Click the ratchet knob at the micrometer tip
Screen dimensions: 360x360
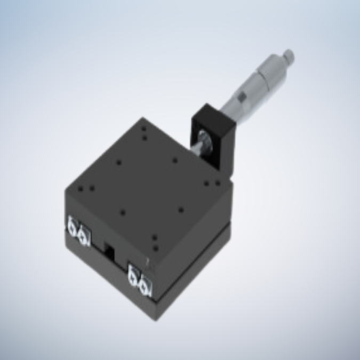[x=288, y=54]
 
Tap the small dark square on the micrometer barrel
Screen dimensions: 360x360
[x=241, y=98]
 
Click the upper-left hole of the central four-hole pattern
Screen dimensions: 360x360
[x=118, y=163]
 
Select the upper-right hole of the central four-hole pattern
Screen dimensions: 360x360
[x=174, y=159]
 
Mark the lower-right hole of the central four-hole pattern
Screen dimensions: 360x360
[x=181, y=210]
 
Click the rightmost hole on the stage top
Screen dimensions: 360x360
[x=218, y=183]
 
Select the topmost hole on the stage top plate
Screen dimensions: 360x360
[x=143, y=129]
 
